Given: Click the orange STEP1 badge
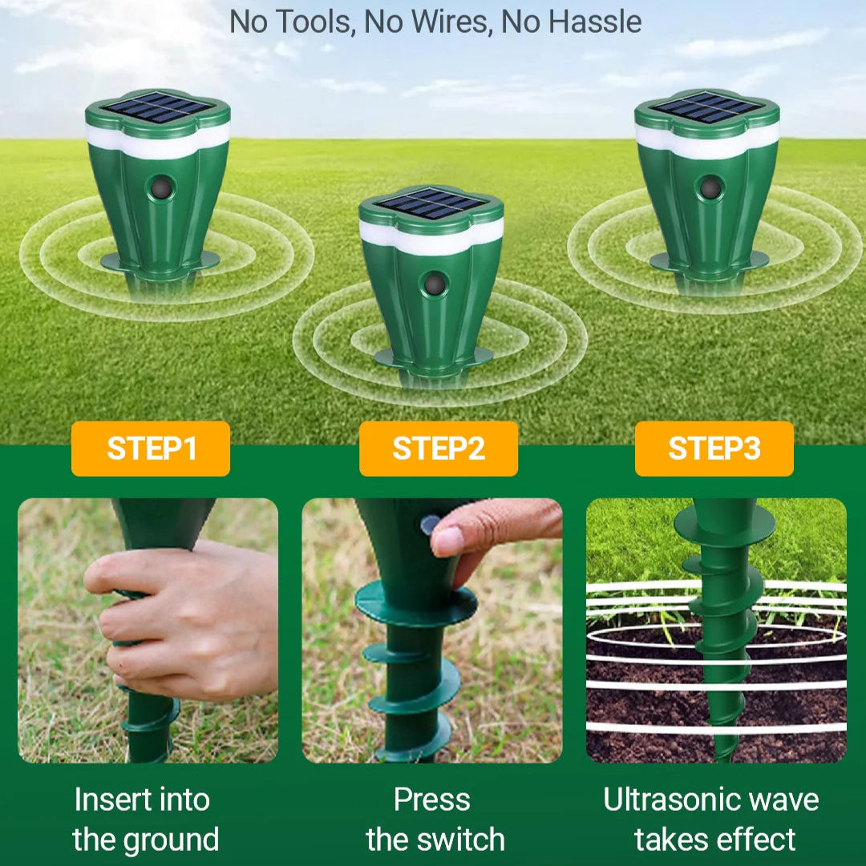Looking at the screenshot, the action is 150,449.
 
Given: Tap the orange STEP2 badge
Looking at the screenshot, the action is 439,449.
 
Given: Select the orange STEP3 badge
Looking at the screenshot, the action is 714,449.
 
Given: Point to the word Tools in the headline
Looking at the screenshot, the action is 313,22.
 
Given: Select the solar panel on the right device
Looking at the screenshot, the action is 707,107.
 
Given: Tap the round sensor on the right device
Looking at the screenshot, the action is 710,188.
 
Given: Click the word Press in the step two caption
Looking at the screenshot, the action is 431,800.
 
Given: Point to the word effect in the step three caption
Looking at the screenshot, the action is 757,840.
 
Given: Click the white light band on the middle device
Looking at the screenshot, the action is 431,236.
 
